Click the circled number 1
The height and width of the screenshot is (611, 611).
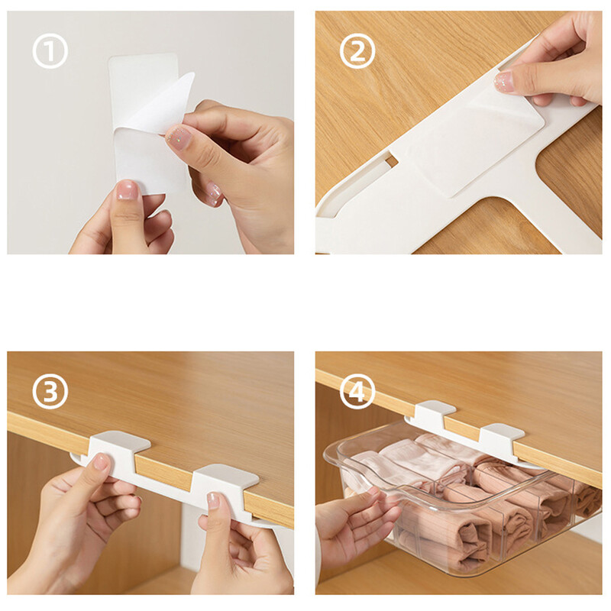tap(50, 51)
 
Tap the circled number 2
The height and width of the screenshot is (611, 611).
tap(357, 51)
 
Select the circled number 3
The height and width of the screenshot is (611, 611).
tap(50, 391)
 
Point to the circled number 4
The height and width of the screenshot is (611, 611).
tap(357, 391)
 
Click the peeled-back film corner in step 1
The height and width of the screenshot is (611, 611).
tap(163, 105)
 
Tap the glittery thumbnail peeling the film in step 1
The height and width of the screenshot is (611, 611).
tap(179, 137)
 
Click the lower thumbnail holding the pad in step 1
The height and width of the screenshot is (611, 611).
tap(128, 190)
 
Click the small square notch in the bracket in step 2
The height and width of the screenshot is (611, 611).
tap(390, 160)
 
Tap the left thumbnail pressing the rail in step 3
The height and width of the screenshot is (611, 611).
tap(101, 462)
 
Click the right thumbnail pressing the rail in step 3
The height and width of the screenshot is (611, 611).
tap(213, 500)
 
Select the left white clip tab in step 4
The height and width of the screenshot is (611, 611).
tap(433, 412)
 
